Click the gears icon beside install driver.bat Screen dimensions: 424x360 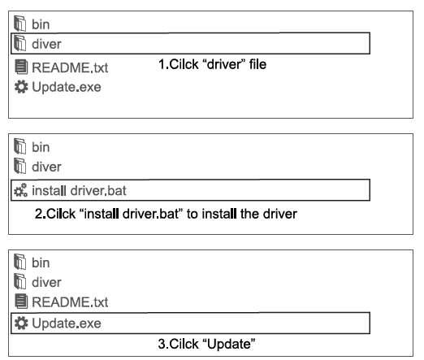(x=20, y=190)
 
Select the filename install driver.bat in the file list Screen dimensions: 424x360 (x=79, y=190)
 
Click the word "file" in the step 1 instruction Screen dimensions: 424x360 (x=257, y=64)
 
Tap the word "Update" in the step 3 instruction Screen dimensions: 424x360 (x=230, y=345)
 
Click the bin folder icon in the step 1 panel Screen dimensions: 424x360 (x=20, y=24)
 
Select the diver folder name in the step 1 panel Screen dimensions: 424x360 (x=46, y=44)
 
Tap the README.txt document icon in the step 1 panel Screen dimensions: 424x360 (x=21, y=67)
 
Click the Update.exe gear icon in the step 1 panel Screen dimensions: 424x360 (x=21, y=87)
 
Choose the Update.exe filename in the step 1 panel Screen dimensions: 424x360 (x=67, y=87)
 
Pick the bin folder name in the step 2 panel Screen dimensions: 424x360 (x=41, y=147)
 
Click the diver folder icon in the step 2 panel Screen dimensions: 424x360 (x=20, y=166)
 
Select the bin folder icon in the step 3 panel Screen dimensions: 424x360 (x=20, y=262)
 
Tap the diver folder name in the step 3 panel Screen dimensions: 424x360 (x=46, y=282)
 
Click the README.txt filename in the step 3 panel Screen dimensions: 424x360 (x=70, y=302)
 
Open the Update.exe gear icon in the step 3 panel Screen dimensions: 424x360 (x=21, y=323)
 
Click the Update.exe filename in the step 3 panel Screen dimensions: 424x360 (x=67, y=323)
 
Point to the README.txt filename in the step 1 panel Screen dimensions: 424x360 (x=70, y=67)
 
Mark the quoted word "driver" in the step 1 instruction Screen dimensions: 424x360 (x=224, y=64)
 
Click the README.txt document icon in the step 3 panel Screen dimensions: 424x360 (x=21, y=301)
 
